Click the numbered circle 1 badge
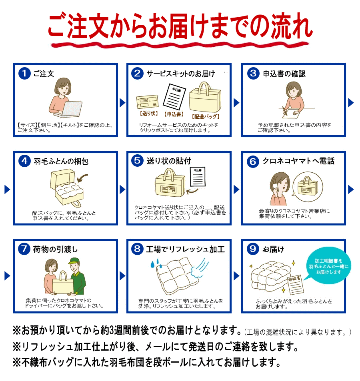tap(24, 74)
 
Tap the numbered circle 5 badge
tap(137, 161)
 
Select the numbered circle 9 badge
tap(253, 249)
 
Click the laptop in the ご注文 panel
tap(70, 108)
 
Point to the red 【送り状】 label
tap(149, 114)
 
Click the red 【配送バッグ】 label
tap(206, 117)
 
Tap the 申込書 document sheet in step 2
tap(174, 96)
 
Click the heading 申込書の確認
tap(284, 74)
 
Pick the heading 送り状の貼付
tap(169, 161)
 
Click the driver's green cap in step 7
tap(74, 261)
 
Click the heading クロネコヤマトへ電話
tap(298, 161)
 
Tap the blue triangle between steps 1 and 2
tap(122, 103)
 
